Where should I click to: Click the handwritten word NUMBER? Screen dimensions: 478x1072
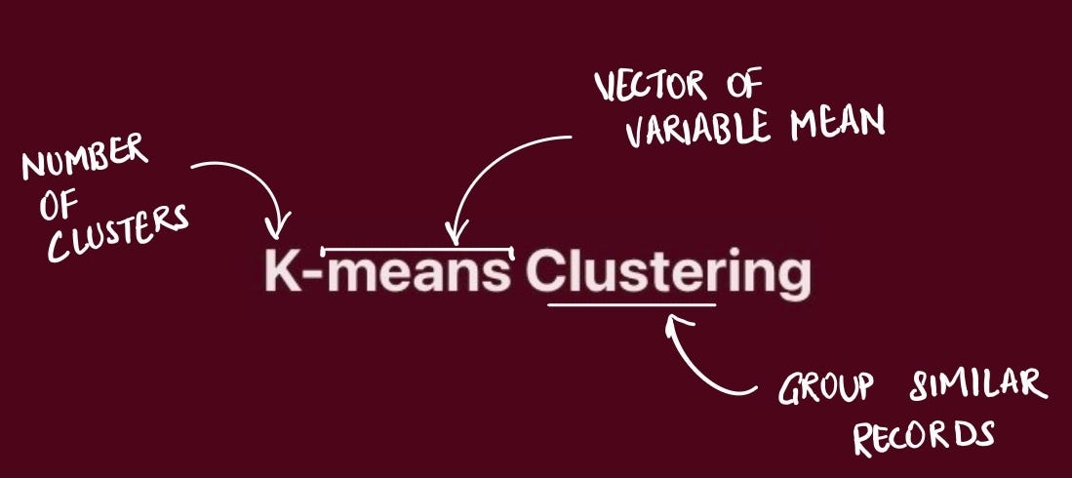click(85, 159)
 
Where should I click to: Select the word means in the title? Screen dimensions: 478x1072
click(417, 275)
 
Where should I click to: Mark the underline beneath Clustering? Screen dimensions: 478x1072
click(631, 304)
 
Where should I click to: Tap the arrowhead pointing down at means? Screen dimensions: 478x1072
click(452, 235)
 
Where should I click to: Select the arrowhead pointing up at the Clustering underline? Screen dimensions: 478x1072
click(672, 321)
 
